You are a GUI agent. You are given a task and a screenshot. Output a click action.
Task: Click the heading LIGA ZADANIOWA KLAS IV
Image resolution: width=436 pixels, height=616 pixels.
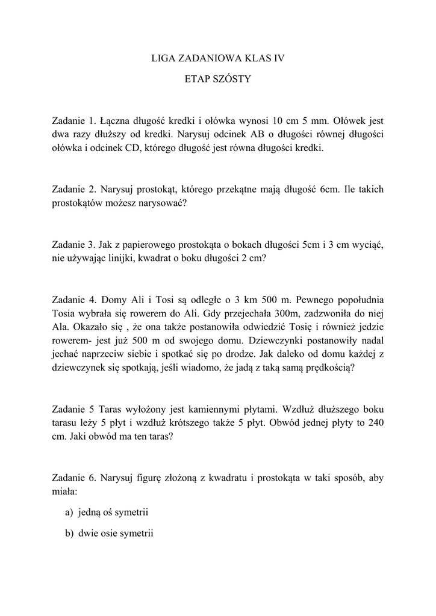[x=217, y=58]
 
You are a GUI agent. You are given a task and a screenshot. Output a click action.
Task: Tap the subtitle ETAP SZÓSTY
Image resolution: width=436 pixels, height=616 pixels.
[x=217, y=79]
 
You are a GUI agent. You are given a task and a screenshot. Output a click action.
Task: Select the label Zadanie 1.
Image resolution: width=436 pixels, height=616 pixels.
[x=73, y=120]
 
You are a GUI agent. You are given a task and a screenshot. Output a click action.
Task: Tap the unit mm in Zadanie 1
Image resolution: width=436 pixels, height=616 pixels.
[x=315, y=120]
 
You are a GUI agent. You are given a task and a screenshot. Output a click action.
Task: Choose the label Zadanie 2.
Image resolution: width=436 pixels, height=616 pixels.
[x=73, y=189]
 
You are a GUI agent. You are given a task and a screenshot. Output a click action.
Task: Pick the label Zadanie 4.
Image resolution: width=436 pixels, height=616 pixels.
[x=73, y=300]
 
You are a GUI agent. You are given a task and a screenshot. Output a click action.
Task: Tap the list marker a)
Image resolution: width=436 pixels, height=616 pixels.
[x=69, y=513]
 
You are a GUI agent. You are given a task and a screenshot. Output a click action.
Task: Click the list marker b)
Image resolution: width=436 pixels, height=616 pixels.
[x=69, y=534]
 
